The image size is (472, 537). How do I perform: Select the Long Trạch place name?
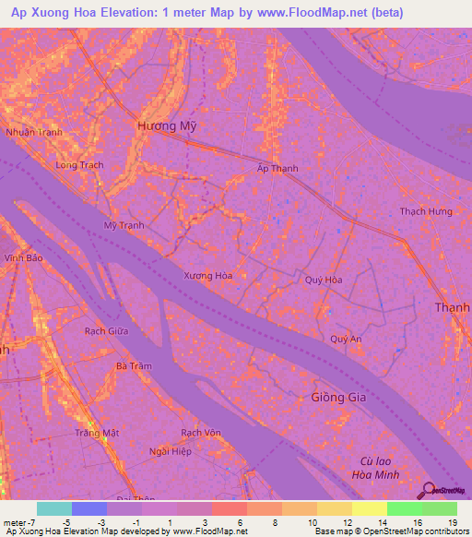[x=79, y=165]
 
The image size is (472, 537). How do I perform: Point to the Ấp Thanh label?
[x=277, y=169]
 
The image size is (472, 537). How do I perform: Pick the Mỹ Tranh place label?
[x=124, y=225]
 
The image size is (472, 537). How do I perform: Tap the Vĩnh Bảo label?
[x=23, y=258]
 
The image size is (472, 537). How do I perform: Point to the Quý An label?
[x=346, y=339]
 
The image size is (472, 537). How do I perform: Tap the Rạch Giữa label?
[x=106, y=330]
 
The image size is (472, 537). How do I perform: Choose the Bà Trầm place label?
[x=134, y=366]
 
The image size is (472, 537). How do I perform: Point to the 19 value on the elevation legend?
[x=451, y=522]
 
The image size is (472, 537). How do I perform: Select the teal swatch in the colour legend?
[x=53, y=508]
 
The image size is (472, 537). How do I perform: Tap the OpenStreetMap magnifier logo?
[x=428, y=491]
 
